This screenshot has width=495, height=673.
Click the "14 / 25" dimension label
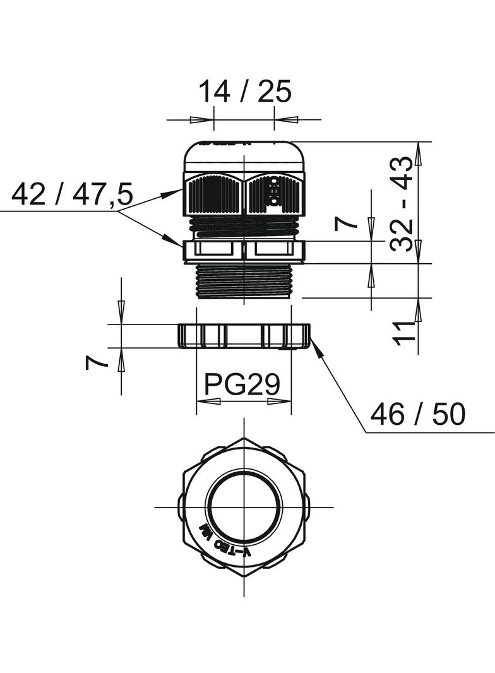[245, 92]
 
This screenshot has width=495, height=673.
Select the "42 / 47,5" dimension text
[72, 194]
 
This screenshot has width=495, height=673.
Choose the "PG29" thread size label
[243, 384]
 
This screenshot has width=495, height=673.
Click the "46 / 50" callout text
[417, 415]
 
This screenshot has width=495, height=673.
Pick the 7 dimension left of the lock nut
[95, 362]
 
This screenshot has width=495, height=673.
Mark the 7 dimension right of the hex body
[345, 223]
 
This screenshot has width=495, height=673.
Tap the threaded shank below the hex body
[244, 282]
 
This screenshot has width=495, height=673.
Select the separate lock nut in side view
[244, 336]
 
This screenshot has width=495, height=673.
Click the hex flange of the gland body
[244, 251]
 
